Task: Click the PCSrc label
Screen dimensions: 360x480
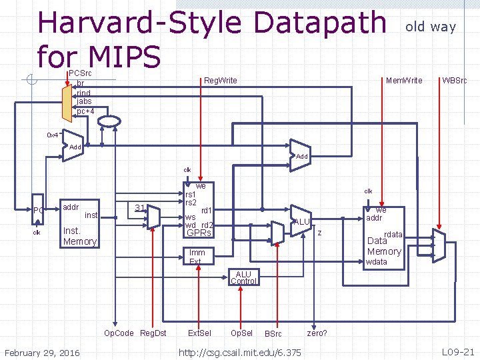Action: pos(81,73)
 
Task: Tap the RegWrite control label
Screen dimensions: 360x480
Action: pos(220,81)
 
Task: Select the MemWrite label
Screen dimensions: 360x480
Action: pos(404,81)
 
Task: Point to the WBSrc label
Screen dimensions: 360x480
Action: pos(454,81)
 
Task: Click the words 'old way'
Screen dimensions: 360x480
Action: pos(431,27)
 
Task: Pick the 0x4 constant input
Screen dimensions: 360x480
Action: pos(53,135)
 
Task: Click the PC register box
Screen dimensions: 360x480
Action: pos(39,211)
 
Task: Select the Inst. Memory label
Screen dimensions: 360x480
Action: pos(79,236)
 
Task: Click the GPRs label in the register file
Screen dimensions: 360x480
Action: pos(199,233)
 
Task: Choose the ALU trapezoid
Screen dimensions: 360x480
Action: pos(301,221)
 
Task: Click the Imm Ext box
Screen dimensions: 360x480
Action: pos(197,257)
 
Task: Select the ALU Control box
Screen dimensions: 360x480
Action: pos(243,277)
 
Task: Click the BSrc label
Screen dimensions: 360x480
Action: pos(273,333)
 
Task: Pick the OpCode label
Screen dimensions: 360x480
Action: pos(119,333)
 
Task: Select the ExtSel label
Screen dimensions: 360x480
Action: pos(199,333)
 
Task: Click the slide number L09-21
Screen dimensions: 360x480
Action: pos(459,351)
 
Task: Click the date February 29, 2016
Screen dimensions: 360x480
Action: pos(42,352)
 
